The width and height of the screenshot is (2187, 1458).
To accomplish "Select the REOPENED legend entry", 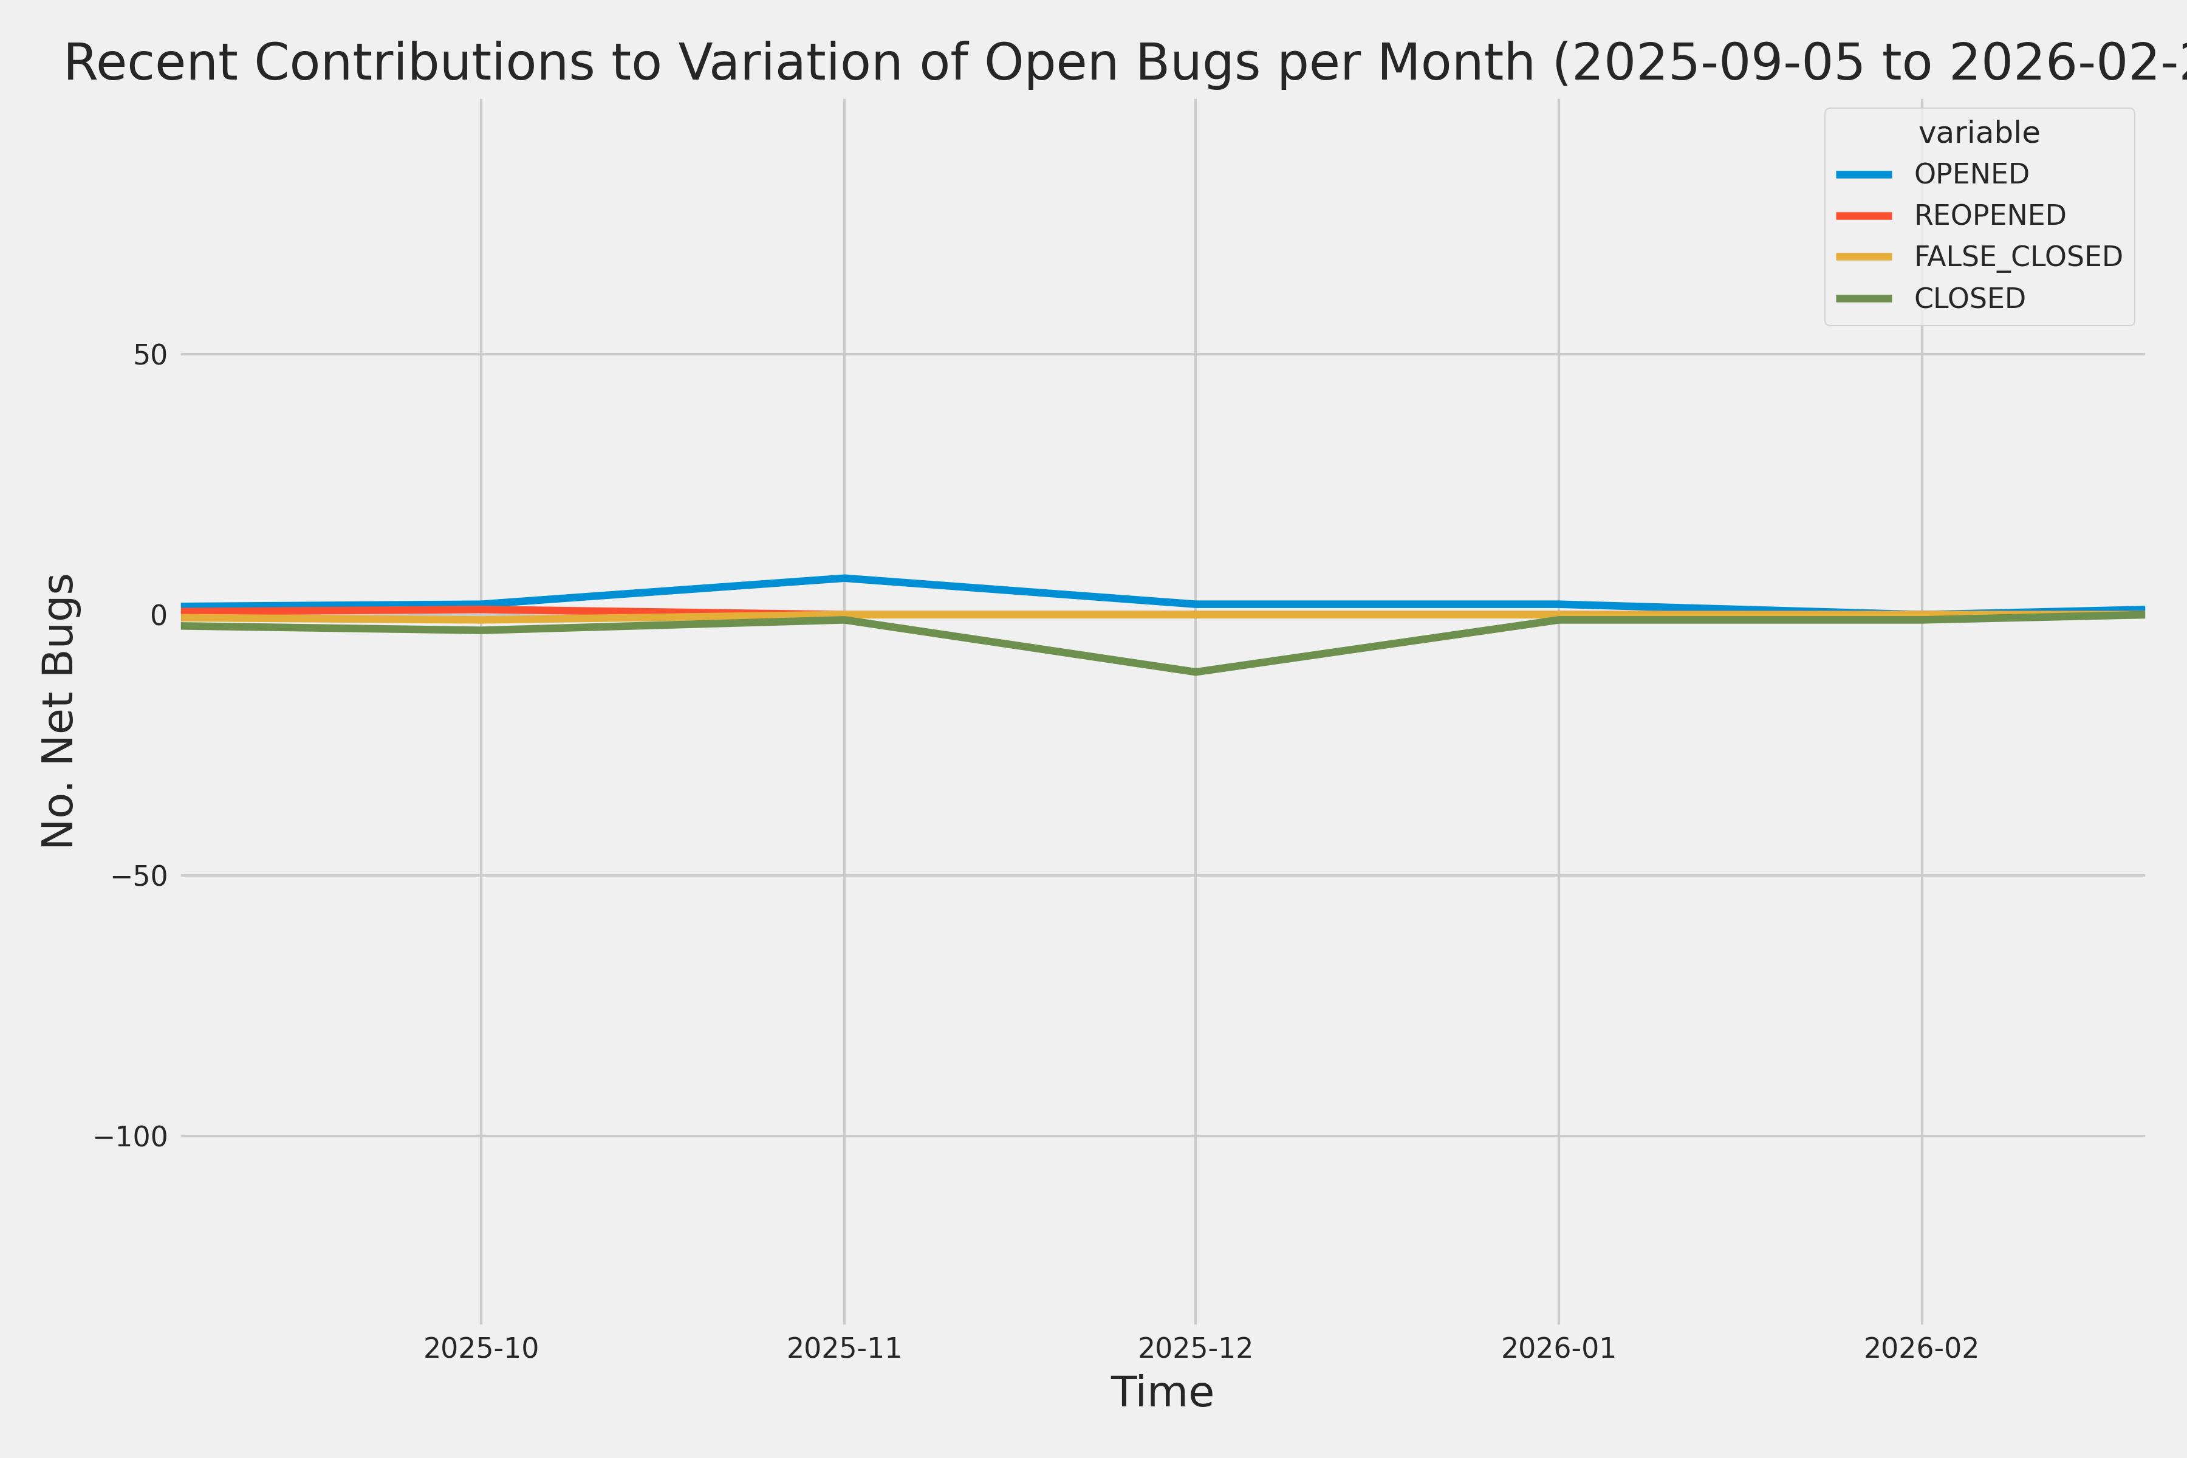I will click(1989, 216).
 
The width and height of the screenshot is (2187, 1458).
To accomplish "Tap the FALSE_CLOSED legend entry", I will click(2017, 256).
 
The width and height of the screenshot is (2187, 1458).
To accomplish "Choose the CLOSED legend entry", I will click(1968, 298).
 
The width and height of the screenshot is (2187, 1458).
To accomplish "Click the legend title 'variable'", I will click(1979, 133).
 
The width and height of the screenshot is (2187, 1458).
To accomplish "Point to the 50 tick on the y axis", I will click(149, 354).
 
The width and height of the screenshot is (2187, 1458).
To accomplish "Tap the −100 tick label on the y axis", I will click(130, 1136).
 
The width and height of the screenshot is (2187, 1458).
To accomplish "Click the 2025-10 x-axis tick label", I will click(481, 1348).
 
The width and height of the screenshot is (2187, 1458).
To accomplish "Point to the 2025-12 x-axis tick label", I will click(1195, 1348).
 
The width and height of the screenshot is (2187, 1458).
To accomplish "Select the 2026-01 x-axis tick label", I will click(1558, 1348).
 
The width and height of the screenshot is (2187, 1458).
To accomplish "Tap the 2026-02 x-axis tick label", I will click(1921, 1348).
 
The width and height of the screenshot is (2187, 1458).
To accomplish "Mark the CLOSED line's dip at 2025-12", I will click(1195, 671).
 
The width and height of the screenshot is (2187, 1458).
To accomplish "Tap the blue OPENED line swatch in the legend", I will click(1863, 174).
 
